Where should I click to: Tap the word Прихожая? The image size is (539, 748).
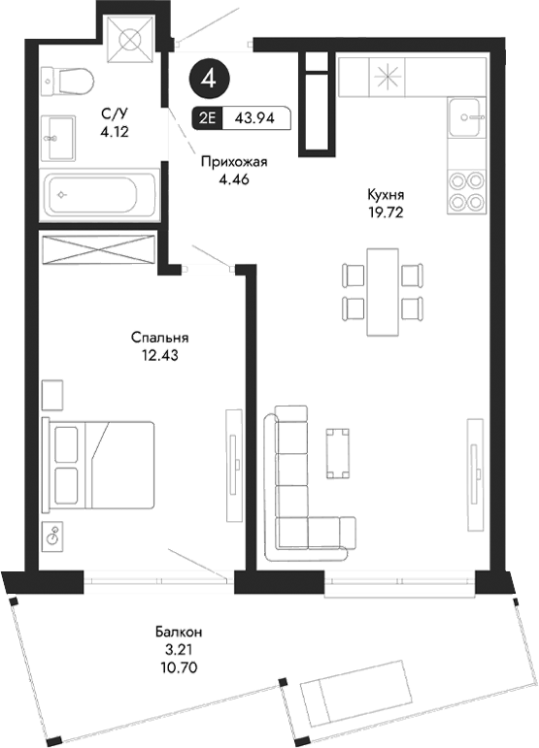point(233,162)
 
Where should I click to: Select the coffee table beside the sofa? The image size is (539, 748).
point(338,453)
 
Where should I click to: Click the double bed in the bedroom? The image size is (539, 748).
point(98,465)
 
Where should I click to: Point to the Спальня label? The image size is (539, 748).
point(159,338)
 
